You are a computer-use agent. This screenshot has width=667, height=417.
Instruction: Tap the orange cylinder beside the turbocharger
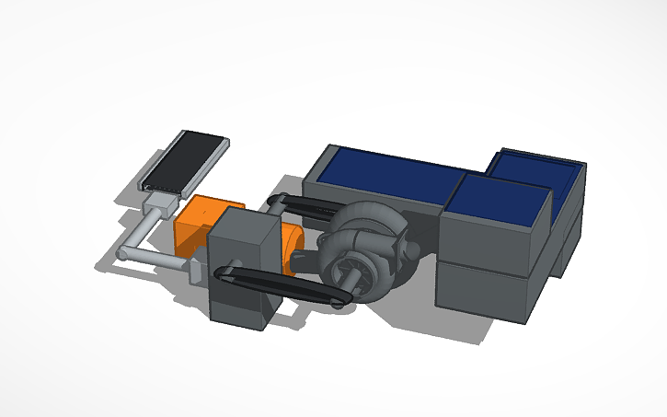(x=295, y=249)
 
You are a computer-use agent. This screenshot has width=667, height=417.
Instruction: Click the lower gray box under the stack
(x=483, y=290)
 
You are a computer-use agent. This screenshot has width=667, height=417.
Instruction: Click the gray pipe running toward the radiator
(x=147, y=226)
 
